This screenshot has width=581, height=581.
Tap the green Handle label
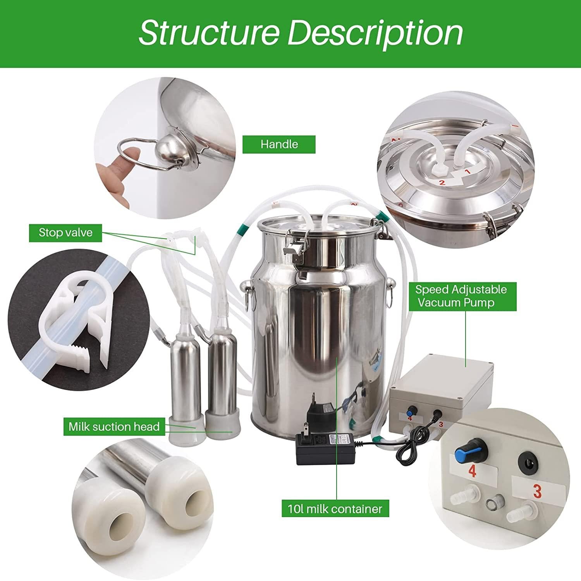(x=279, y=144)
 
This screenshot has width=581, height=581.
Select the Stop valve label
(x=65, y=232)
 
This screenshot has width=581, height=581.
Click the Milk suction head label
(x=114, y=427)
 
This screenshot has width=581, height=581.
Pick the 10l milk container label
(x=335, y=509)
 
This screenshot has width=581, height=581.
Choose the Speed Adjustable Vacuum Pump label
(x=461, y=296)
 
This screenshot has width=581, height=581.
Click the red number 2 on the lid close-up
(x=441, y=181)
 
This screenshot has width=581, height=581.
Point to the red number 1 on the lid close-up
(x=467, y=170)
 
